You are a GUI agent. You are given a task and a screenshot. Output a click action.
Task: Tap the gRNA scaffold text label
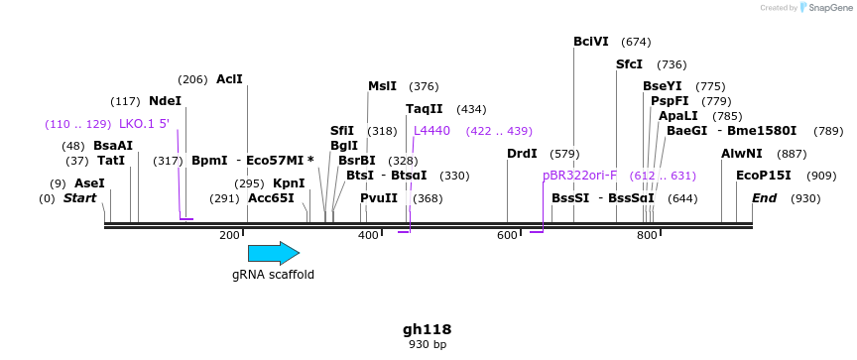tap(274, 275)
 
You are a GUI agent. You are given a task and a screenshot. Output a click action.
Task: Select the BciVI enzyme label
tap(591, 42)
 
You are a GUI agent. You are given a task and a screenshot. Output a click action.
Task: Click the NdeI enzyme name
tap(165, 101)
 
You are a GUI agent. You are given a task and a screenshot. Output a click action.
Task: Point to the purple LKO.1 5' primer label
tap(144, 124)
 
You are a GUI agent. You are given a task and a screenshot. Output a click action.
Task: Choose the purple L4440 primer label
tap(431, 131)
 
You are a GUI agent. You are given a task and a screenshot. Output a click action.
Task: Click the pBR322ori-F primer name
tap(579, 176)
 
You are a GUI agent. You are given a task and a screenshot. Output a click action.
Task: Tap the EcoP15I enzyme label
tap(764, 176)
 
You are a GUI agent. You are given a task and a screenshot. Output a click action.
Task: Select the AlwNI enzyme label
tap(742, 154)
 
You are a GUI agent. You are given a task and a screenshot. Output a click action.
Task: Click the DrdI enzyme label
tap(522, 154)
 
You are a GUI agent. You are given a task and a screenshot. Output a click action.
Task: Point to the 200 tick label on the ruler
tap(229, 235)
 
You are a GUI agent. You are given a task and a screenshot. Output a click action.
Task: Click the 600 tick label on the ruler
tap(508, 235)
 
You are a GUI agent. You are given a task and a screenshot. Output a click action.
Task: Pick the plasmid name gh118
tap(428, 329)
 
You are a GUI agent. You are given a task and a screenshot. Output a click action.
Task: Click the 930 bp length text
tap(428, 345)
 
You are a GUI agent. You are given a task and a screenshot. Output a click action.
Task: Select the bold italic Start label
tap(80, 198)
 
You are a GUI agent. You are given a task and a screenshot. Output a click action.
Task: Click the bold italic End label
tap(764, 198)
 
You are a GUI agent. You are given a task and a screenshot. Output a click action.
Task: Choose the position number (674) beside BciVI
tap(636, 42)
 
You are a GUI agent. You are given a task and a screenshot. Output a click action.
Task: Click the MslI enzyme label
tap(382, 86)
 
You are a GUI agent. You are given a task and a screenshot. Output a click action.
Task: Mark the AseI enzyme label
tap(89, 183)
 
